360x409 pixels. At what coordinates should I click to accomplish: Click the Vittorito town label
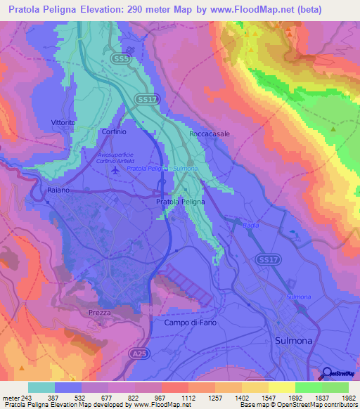[63, 122]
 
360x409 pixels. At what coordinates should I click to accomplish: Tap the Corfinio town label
[114, 131]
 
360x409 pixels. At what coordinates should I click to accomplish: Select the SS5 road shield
[121, 60]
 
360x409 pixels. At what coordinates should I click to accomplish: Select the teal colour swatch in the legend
[41, 388]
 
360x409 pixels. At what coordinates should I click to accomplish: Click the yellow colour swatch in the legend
[282, 388]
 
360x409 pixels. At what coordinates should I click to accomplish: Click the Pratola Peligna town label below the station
[179, 202]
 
